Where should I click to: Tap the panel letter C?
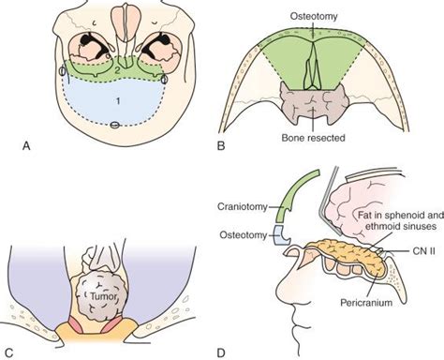(10, 351)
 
